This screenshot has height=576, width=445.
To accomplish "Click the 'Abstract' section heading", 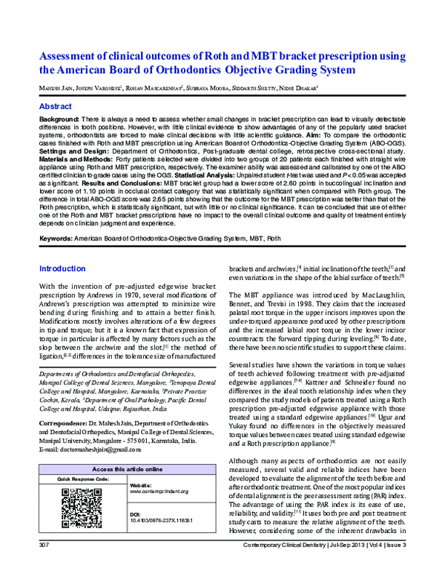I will coord(56,107).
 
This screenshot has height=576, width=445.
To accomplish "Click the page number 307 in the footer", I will coord(43,567).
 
